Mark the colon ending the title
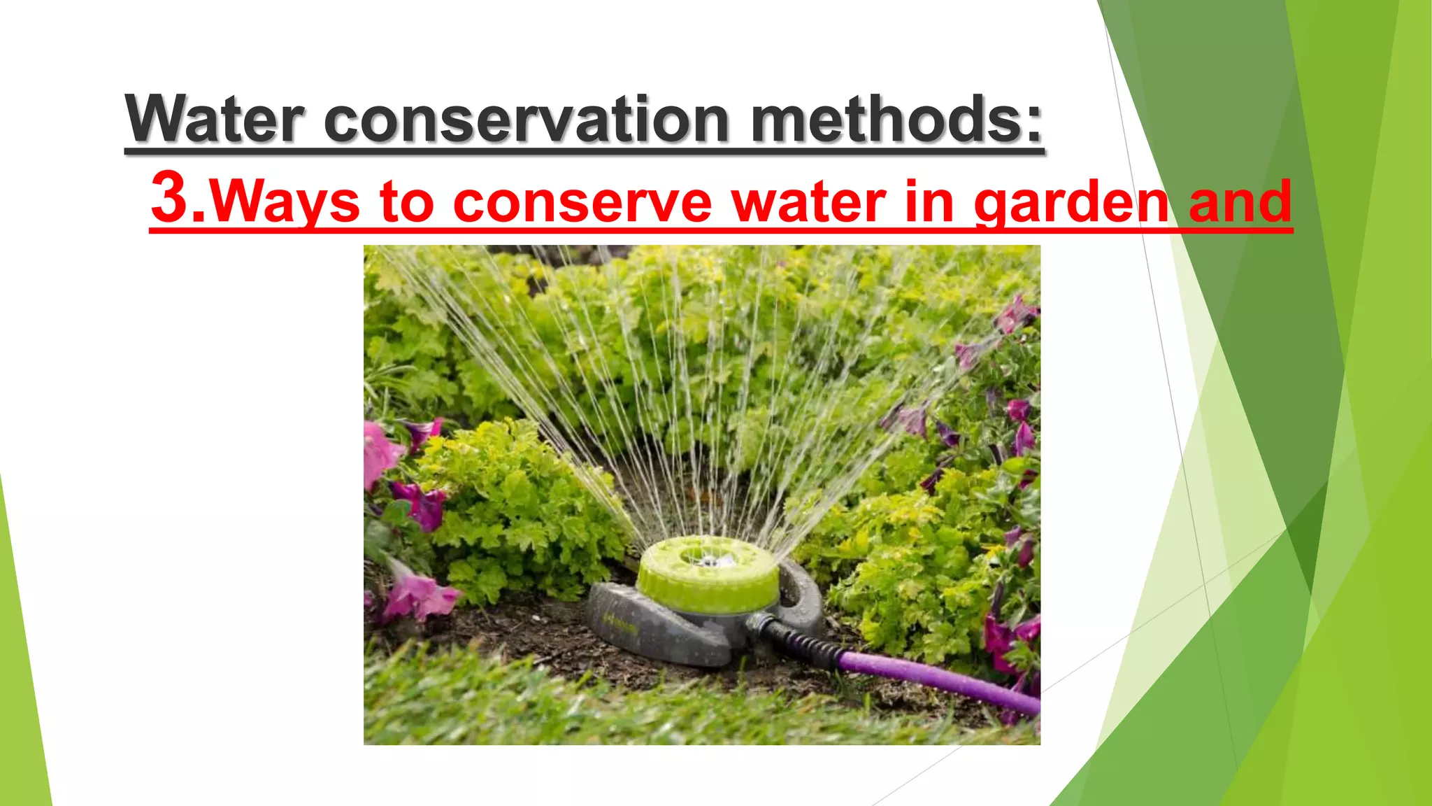(1034, 120)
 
